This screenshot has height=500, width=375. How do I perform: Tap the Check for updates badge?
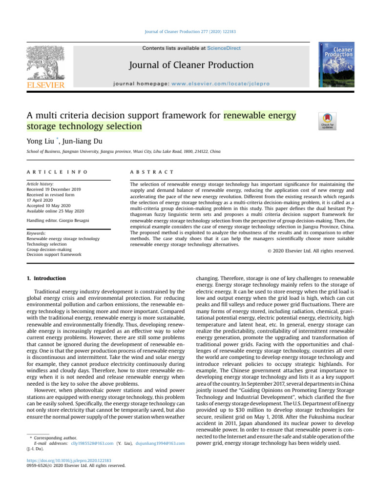(x=327, y=121)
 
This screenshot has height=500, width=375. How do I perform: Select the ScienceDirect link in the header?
(x=224, y=48)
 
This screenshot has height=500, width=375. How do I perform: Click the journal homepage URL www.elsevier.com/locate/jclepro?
(x=201, y=84)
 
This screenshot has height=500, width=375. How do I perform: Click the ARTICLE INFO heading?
(x=57, y=172)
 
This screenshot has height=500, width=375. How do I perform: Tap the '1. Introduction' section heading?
(x=46, y=278)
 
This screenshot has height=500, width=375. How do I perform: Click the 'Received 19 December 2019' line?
(x=55, y=189)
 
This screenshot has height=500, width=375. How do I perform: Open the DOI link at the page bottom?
(x=69, y=460)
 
